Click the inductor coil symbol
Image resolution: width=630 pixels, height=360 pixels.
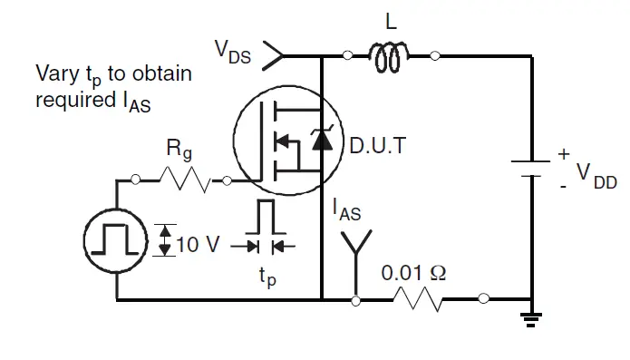(390, 58)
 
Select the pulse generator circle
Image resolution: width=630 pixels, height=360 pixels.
(116, 240)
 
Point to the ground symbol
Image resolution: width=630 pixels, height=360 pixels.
(531, 316)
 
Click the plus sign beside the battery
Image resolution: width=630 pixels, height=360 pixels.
(564, 154)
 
